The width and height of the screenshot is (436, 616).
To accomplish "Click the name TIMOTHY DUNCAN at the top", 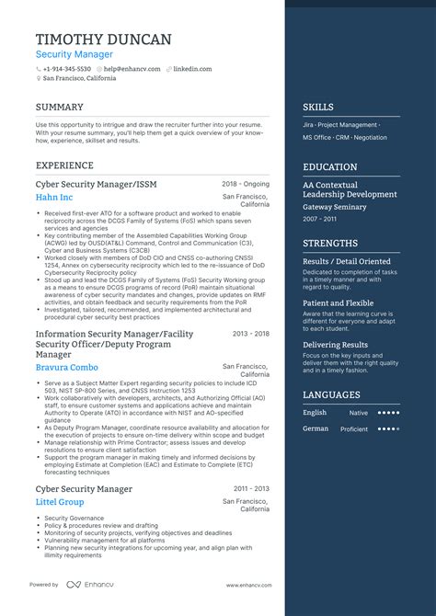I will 103,40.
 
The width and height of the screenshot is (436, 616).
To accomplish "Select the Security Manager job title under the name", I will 75,55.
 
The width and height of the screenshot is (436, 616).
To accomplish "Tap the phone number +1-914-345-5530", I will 67,69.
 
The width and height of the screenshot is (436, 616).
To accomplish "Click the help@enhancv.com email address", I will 132,69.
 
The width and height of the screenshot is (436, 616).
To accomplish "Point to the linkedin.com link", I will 193,69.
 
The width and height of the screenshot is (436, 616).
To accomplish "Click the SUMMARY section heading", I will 60,107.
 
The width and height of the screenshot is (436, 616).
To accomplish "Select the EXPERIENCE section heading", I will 64,165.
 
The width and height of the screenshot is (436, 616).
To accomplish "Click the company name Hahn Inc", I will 54,198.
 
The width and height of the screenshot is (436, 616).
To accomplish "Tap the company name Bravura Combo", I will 68,368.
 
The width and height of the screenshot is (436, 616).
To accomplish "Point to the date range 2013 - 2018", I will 251,334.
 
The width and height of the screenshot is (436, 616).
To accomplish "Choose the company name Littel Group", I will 60,502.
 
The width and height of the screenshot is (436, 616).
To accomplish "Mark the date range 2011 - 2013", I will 251,489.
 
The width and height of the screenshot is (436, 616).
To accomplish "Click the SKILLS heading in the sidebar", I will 318,107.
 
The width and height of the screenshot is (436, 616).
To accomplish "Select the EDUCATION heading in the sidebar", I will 330,167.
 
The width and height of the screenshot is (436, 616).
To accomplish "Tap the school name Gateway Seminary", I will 336,207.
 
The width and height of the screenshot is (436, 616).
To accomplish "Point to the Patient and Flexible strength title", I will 338,302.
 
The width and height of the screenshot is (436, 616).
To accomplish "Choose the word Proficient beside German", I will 354,428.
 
